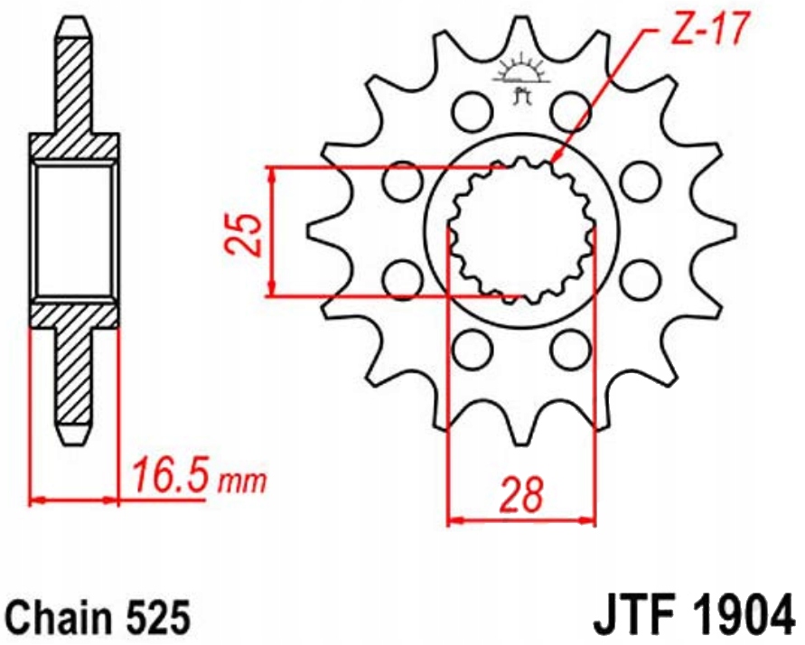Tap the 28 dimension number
point(522,495)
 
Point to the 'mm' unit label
point(242,481)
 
